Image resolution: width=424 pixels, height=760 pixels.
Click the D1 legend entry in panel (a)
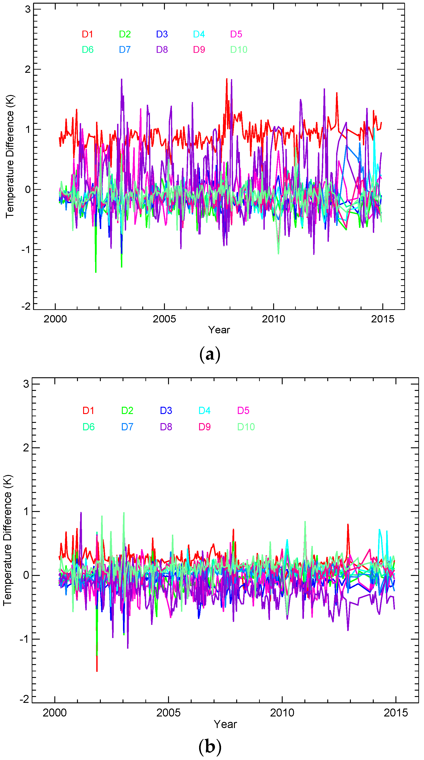point(87,34)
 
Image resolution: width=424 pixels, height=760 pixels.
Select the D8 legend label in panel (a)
point(162,50)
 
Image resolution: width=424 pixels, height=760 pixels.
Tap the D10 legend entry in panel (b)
point(246,427)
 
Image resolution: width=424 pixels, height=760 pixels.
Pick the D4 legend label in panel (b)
point(204,410)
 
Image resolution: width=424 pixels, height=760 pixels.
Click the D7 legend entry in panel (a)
point(125,50)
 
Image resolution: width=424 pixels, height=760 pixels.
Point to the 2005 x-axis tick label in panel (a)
point(164,319)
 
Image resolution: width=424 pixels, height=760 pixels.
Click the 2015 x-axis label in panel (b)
point(395,713)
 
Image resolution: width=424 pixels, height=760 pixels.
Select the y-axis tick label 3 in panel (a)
point(28,10)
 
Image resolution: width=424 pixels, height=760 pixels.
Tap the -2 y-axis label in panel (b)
point(24,699)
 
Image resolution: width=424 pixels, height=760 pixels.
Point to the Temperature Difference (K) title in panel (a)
point(10,156)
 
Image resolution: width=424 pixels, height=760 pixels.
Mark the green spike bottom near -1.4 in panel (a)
point(96,272)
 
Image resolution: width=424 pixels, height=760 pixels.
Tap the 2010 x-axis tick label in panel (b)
point(282,713)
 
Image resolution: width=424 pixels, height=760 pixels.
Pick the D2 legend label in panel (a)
point(125,34)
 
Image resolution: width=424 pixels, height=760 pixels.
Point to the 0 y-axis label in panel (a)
point(28,189)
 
